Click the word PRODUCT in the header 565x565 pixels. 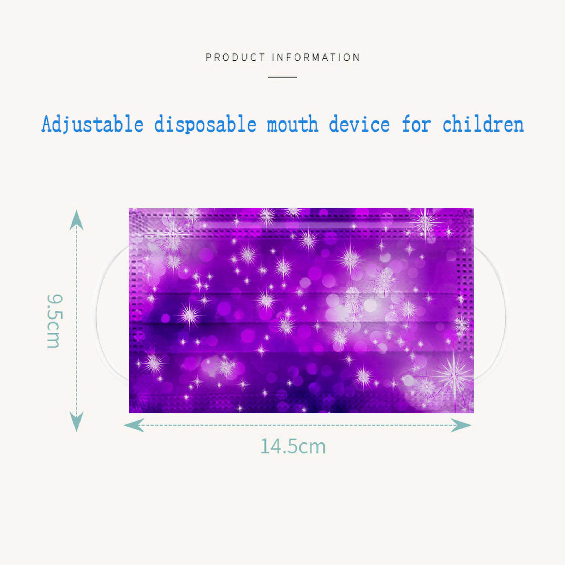pyautogui.click(x=235, y=57)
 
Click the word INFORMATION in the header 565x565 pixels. pyautogui.click(x=316, y=57)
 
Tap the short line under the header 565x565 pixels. pyautogui.click(x=282, y=77)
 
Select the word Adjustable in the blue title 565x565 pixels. pyautogui.click(x=93, y=124)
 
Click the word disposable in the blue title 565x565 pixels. pyautogui.click(x=205, y=124)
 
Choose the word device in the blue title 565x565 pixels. pyautogui.click(x=359, y=124)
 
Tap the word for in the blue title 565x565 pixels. pyautogui.click(x=416, y=124)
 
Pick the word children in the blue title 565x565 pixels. pyautogui.click(x=483, y=124)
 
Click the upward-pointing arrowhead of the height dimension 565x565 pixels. pyautogui.click(x=76, y=220)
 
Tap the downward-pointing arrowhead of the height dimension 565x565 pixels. pyautogui.click(x=76, y=422)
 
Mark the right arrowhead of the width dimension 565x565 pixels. pyautogui.click(x=461, y=425)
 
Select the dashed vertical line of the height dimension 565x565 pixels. pyautogui.click(x=76, y=321)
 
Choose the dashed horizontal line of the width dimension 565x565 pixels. pyautogui.click(x=297, y=425)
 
